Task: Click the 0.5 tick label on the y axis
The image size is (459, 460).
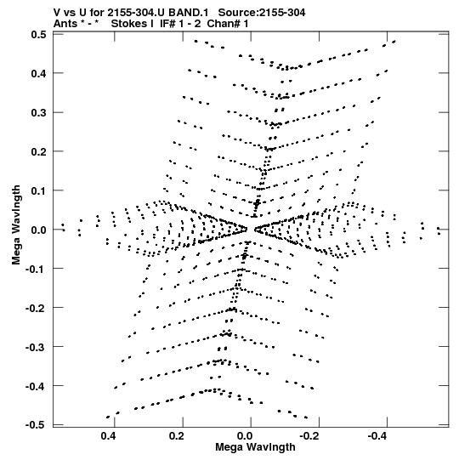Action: pyautogui.click(x=39, y=35)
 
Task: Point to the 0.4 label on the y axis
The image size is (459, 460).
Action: pyautogui.click(x=39, y=73)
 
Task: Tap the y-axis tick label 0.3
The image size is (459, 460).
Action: pyautogui.click(x=39, y=112)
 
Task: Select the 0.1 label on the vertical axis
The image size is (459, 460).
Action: pyautogui.click(x=39, y=190)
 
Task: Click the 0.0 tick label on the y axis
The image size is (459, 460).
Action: pyautogui.click(x=39, y=230)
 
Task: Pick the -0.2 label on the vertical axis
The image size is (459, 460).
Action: pyautogui.click(x=36, y=308)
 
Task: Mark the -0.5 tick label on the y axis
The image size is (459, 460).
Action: pyautogui.click(x=36, y=425)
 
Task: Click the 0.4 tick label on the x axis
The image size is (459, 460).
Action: pyautogui.click(x=109, y=436)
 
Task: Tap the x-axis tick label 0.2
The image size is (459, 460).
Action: pyautogui.click(x=177, y=436)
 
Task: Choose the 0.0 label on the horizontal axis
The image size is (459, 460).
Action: pyautogui.click(x=245, y=436)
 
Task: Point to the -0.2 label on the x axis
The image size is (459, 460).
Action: pyautogui.click(x=310, y=436)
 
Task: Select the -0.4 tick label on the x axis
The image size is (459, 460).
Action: pyautogui.click(x=378, y=436)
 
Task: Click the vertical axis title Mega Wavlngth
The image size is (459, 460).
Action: pyautogui.click(x=16, y=225)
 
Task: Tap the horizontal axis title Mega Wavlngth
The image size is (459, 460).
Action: pyautogui.click(x=255, y=447)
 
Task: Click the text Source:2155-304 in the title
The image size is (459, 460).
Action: pyautogui.click(x=262, y=13)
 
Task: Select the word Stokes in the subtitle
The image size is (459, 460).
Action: pyautogui.click(x=130, y=24)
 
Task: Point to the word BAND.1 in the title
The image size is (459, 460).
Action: pyautogui.click(x=189, y=13)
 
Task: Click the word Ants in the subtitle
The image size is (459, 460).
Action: pyautogui.click(x=65, y=24)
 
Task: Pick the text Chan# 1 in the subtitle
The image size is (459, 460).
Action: pyautogui.click(x=228, y=24)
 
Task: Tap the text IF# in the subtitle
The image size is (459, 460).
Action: pyautogui.click(x=167, y=24)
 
